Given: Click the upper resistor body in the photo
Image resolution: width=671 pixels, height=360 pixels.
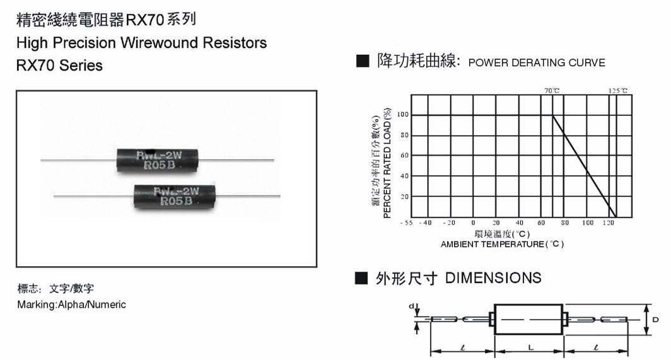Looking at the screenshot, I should pos(158,160).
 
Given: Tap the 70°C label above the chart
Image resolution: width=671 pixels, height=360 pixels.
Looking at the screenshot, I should pos(552,91).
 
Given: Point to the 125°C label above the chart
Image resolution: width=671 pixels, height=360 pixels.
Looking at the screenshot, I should pos(618,91).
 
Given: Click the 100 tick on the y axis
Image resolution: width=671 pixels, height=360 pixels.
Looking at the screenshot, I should pos(403,115).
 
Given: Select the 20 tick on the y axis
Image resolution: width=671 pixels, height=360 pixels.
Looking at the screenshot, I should pos(405,197).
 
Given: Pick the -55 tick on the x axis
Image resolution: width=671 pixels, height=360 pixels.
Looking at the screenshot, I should pos(406,223).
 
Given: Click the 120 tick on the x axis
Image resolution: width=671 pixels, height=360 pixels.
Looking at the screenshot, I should pos(609,223).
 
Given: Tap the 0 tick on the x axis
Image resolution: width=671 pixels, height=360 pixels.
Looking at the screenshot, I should pos(473,223).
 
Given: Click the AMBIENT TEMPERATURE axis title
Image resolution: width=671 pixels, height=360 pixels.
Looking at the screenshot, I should pos(502,244).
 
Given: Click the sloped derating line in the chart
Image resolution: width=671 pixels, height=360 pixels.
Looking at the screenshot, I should pos(583,165).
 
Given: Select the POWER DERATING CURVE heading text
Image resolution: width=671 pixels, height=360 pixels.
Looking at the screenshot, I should pos(537,63).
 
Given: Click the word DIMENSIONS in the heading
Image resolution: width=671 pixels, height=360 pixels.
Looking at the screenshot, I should pos(493,278).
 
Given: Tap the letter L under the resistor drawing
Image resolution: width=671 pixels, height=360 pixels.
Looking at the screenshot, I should pos(530,347).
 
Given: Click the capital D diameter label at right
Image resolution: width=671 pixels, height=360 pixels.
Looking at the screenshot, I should pos(655,320).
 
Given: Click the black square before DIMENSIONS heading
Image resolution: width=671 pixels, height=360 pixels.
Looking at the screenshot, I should pos(361,278).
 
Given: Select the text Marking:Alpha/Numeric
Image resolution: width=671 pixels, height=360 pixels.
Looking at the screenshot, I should pos(71,305).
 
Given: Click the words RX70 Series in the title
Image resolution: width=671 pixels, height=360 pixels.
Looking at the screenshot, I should pos(59,65).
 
